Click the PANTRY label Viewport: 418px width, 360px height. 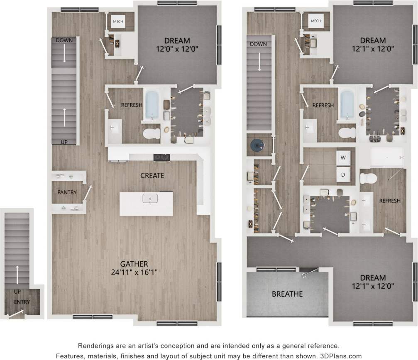[x=66, y=192]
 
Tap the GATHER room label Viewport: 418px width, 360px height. [x=134, y=264]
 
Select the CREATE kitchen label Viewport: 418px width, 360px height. [x=152, y=175]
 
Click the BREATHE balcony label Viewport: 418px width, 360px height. [x=287, y=294]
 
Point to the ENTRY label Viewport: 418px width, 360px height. [x=22, y=302]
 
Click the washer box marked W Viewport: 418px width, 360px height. [x=343, y=158]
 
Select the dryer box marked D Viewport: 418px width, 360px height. [x=343, y=175]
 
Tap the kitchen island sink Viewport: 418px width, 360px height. [x=149, y=199]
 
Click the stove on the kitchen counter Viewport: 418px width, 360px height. [x=161, y=157]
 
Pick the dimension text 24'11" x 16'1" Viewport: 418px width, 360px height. [x=134, y=272]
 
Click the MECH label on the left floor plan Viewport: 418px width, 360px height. [x=118, y=21]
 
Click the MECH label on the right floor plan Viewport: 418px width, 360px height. [x=316, y=21]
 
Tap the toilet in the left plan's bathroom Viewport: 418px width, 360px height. [x=152, y=133]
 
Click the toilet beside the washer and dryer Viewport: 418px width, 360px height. [x=368, y=178]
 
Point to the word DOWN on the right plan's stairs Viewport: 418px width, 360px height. [x=259, y=44]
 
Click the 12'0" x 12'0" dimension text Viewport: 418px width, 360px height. [x=177, y=49]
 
